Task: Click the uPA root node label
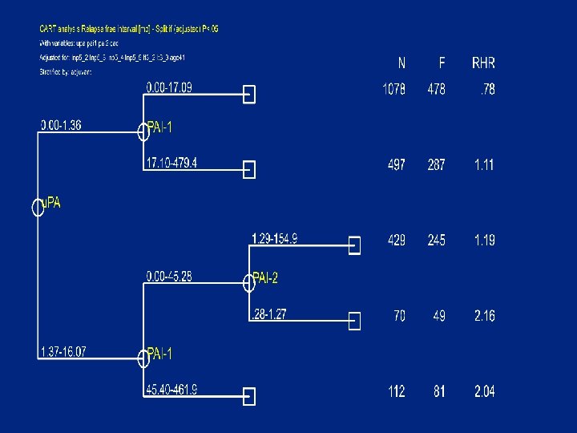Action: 50,204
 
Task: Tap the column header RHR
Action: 483,63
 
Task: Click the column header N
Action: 401,63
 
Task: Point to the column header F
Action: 442,63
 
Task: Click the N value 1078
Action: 393,90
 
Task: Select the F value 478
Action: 436,90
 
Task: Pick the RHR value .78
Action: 486,90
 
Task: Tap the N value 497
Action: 396,165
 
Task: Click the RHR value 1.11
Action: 484,165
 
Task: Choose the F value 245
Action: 436,240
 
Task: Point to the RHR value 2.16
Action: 484,316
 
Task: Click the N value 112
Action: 396,391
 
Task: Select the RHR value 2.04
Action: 484,391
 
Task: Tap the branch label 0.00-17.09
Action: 168,87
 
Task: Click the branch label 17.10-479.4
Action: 171,164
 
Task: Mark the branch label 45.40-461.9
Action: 171,390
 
